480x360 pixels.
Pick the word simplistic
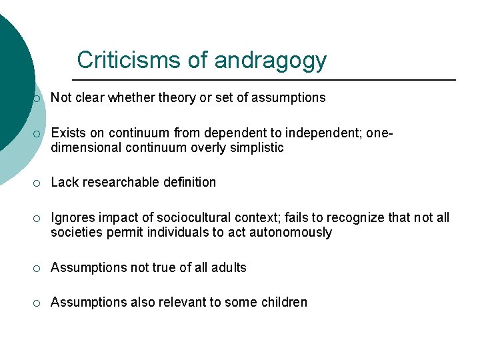click(x=256, y=147)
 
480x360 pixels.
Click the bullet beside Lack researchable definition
click(x=37, y=183)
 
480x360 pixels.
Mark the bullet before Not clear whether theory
click(x=37, y=99)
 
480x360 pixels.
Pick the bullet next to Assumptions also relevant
click(x=37, y=303)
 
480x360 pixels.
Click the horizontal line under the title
click(x=267, y=80)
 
